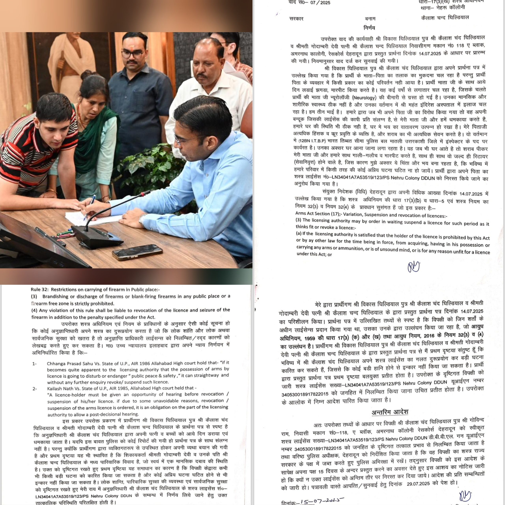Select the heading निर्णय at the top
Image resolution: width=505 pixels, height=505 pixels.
click(369, 28)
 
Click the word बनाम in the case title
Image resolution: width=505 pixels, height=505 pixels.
click(370, 19)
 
